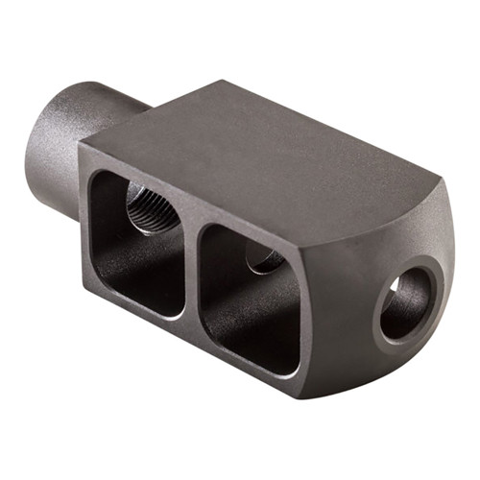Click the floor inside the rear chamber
[144, 288]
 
